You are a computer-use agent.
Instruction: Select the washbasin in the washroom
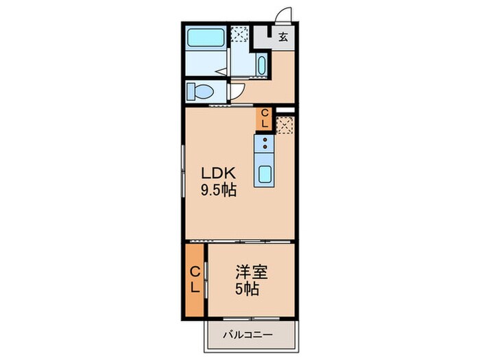(x=263, y=65)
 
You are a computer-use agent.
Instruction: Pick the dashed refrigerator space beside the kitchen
(x=285, y=123)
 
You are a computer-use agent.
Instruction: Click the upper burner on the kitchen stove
(x=265, y=140)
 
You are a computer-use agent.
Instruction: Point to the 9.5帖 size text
(x=218, y=191)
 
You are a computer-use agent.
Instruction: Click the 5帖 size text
(x=248, y=289)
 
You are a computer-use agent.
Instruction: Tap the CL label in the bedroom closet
(x=195, y=279)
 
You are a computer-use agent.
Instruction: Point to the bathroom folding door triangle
(x=221, y=70)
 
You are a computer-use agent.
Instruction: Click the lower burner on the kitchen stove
(x=265, y=148)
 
